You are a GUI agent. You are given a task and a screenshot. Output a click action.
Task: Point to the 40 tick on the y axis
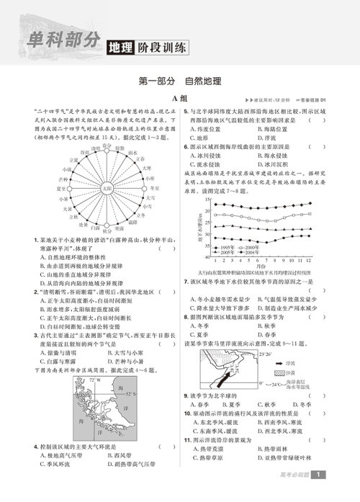click(x=207, y=256)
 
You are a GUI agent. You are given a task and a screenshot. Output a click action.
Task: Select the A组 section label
click(x=180, y=99)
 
